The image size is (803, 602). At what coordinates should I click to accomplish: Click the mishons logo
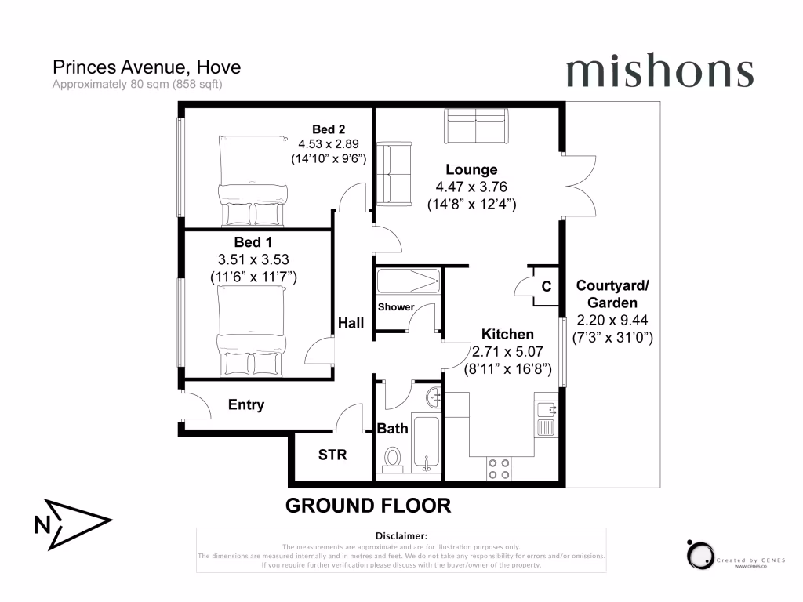(x=659, y=72)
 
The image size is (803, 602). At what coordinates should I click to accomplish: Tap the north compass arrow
(x=74, y=524)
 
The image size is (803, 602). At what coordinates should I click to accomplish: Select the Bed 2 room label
(x=329, y=129)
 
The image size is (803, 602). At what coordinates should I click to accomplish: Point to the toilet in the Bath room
(x=392, y=459)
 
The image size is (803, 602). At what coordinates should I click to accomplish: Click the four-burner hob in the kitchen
(x=498, y=468)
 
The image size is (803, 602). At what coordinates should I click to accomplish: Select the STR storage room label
(x=332, y=455)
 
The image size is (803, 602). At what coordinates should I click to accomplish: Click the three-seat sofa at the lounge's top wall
(x=476, y=127)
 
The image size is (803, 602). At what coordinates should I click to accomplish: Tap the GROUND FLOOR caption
(x=368, y=506)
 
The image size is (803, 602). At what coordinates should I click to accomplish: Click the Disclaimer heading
(x=401, y=535)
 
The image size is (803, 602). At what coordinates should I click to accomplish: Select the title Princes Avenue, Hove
(x=146, y=67)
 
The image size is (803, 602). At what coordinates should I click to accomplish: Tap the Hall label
(x=351, y=322)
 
